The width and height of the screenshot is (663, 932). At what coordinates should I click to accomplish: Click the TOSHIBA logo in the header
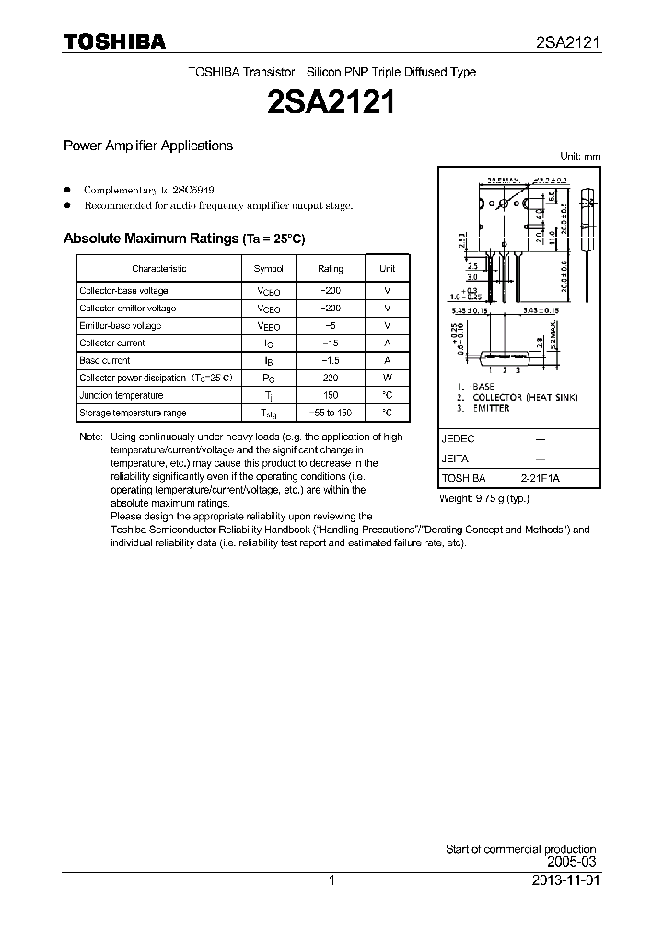click(114, 41)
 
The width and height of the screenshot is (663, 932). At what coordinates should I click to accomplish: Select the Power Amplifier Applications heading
click(147, 146)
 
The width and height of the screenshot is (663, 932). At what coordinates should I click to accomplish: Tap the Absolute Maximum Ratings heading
click(183, 239)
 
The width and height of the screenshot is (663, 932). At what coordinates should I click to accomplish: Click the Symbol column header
click(269, 269)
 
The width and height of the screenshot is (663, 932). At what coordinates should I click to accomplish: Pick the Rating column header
click(331, 269)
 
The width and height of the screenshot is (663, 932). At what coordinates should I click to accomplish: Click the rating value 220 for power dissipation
click(331, 379)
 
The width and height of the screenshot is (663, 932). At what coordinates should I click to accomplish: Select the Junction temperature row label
click(122, 396)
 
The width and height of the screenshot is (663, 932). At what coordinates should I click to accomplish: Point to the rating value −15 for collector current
click(331, 344)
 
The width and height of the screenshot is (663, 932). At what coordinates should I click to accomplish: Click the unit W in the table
click(388, 379)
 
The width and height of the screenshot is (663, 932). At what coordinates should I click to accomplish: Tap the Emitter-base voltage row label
click(121, 326)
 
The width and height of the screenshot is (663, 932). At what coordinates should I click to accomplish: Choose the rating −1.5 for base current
click(331, 361)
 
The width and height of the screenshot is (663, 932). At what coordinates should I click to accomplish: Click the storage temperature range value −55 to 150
click(331, 414)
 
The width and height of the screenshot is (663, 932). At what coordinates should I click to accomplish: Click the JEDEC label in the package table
click(458, 438)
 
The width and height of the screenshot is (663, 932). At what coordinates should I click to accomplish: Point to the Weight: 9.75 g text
click(484, 498)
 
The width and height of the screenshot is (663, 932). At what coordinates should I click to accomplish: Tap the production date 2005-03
click(572, 861)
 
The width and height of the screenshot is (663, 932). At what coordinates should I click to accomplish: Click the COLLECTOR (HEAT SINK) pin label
click(524, 397)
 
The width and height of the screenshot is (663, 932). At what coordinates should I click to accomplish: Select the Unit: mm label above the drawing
click(580, 157)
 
